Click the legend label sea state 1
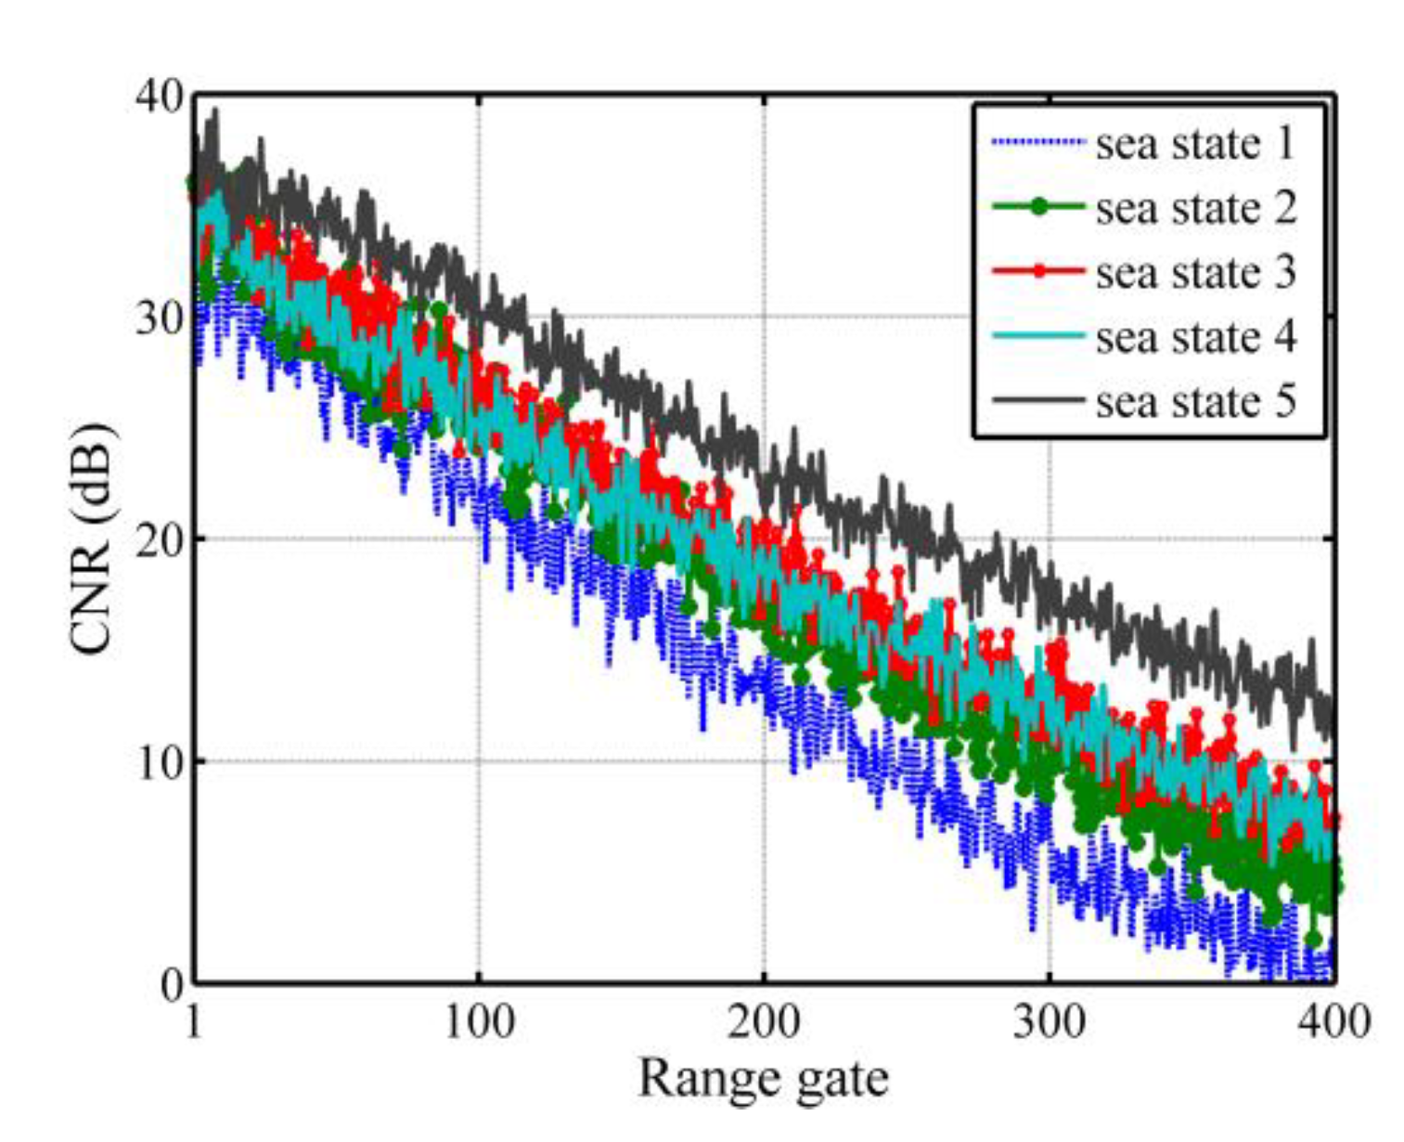[1195, 144]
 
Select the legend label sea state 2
[1195, 208]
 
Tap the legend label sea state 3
[1195, 272]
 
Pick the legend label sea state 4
[1195, 336]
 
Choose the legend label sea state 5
[1195, 401]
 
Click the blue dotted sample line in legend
[1037, 142]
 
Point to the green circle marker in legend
[1038, 207]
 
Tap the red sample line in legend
[1037, 271]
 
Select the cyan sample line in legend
[1037, 335]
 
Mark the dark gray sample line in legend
[1037, 400]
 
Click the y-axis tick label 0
[170, 984]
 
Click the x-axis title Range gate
[763, 1080]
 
